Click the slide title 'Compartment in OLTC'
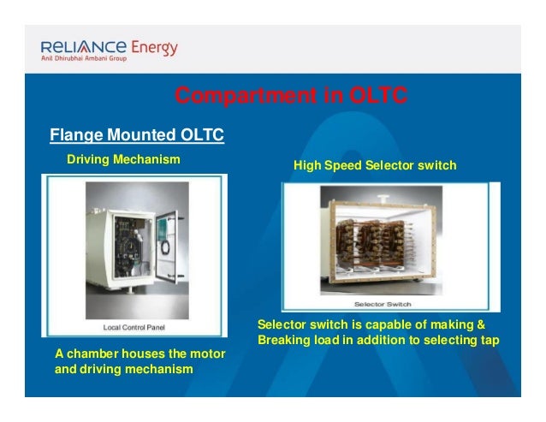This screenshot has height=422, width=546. click(x=291, y=96)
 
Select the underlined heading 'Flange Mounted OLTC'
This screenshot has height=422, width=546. click(x=137, y=135)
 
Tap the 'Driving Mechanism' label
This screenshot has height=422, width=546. click(x=123, y=159)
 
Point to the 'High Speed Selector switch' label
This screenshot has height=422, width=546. click(x=375, y=164)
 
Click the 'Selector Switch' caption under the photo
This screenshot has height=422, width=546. click(x=382, y=304)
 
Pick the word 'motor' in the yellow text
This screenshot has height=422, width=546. click(x=206, y=354)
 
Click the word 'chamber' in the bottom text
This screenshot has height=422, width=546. click(x=93, y=354)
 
